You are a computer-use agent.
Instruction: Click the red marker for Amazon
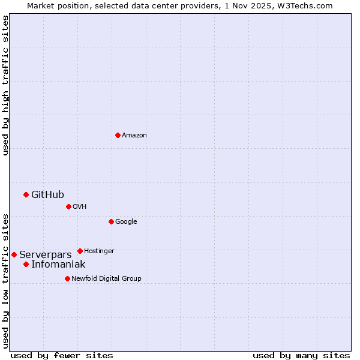click(x=118, y=135)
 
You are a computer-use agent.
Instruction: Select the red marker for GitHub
click(x=26, y=194)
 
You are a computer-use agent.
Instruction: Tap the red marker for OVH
click(x=68, y=206)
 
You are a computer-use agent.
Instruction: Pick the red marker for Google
click(x=111, y=221)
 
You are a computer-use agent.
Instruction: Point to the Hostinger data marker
click(x=80, y=251)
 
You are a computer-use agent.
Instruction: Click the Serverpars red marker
click(x=14, y=254)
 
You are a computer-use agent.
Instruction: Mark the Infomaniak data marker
click(x=26, y=264)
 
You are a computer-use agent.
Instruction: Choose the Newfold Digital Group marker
click(x=67, y=278)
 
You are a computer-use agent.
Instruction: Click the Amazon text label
click(x=134, y=136)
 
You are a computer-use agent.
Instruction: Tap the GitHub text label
click(x=47, y=194)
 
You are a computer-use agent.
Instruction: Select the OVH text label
click(x=80, y=207)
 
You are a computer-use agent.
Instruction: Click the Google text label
click(x=126, y=222)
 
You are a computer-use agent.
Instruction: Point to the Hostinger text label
click(x=99, y=251)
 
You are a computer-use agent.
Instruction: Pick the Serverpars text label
click(x=45, y=255)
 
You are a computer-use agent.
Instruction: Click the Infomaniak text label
click(x=58, y=265)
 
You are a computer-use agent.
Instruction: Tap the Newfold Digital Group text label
click(x=106, y=278)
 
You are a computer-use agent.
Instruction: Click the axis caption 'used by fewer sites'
click(x=62, y=355)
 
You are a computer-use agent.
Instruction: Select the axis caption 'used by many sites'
click(x=301, y=355)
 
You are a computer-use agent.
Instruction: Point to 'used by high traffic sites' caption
click(x=5, y=85)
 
